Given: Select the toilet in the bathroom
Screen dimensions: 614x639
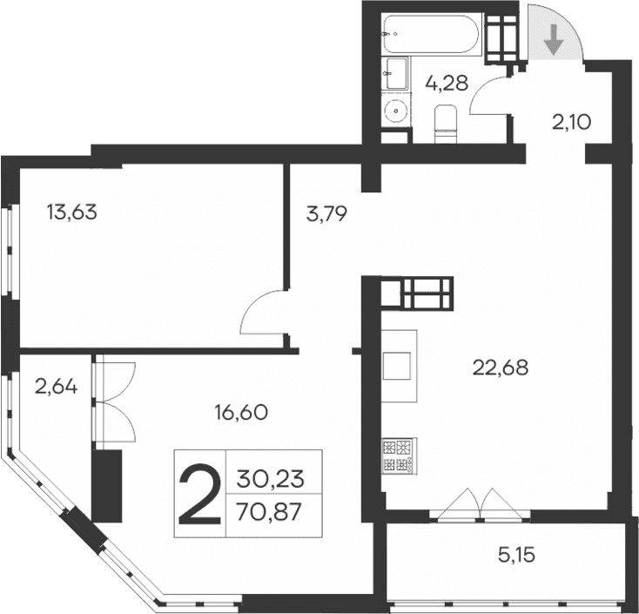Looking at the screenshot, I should [x=445, y=122].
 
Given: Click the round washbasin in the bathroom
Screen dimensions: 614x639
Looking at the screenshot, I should [x=396, y=111].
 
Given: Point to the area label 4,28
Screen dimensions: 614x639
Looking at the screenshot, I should [x=447, y=84].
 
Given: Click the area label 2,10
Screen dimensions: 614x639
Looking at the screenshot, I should [x=571, y=122].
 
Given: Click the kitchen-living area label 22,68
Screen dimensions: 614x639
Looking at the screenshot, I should [x=501, y=368].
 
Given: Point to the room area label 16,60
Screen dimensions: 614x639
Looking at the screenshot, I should [x=239, y=412].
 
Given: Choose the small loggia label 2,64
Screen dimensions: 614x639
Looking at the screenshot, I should [x=57, y=384].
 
